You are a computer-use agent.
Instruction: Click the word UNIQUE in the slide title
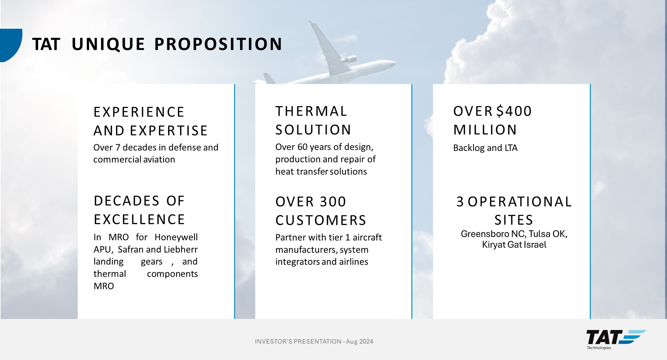click(x=108, y=44)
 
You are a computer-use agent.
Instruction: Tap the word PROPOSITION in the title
click(x=218, y=44)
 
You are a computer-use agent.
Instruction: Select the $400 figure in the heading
click(x=514, y=111)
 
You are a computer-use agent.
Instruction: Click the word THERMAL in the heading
click(x=311, y=111)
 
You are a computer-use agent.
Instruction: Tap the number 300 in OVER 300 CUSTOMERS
click(x=333, y=202)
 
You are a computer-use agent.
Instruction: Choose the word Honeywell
click(x=176, y=237)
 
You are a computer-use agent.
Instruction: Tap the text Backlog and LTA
click(x=485, y=148)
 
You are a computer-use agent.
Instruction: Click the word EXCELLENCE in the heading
click(x=139, y=219)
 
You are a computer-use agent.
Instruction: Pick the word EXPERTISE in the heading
click(x=169, y=131)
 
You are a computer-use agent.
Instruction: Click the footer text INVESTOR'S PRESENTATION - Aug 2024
click(x=314, y=341)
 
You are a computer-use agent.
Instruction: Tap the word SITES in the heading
click(x=514, y=220)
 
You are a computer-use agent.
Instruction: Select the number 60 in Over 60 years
click(x=302, y=147)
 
